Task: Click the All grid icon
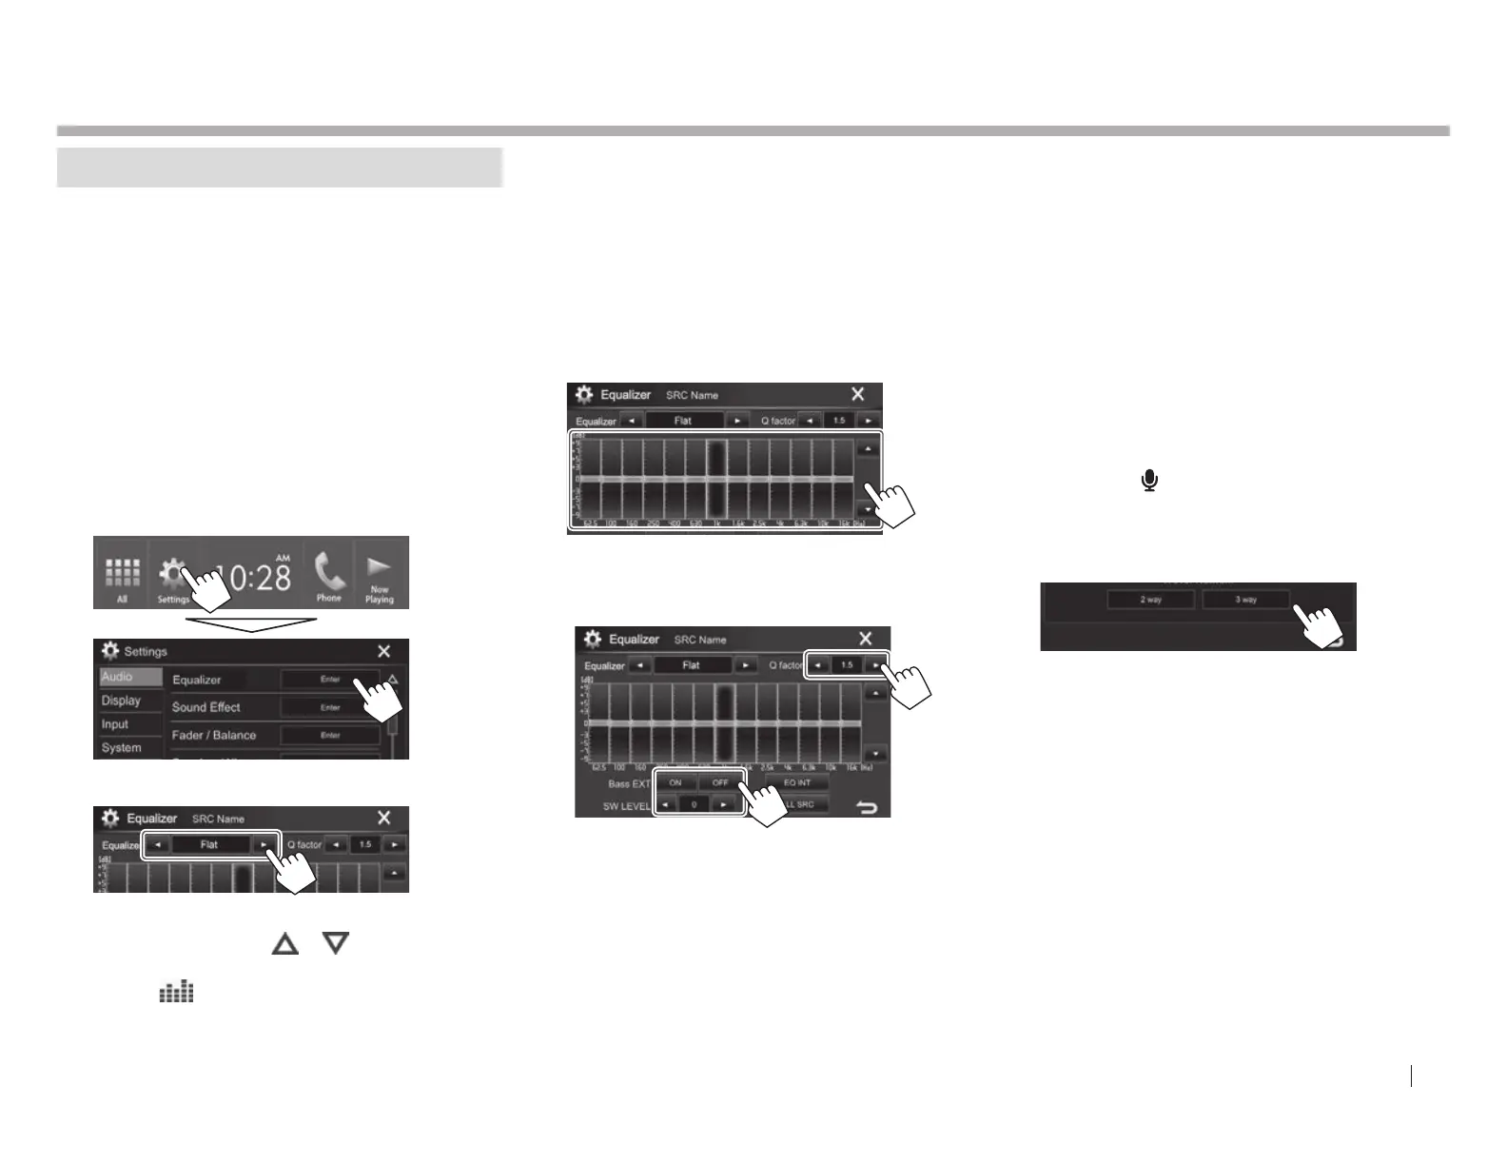(122, 573)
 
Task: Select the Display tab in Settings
(122, 701)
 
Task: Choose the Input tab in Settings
(115, 724)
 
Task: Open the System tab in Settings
(122, 748)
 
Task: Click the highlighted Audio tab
(119, 677)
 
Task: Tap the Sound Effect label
(206, 707)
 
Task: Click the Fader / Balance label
(214, 735)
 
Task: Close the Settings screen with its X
(383, 651)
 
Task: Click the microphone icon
(1150, 481)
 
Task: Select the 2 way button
(1150, 600)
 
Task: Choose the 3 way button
(1245, 600)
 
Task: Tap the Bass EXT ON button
(675, 782)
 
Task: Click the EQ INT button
(797, 782)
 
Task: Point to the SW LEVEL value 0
(695, 805)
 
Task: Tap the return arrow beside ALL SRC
(867, 807)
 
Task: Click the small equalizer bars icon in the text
(176, 992)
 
